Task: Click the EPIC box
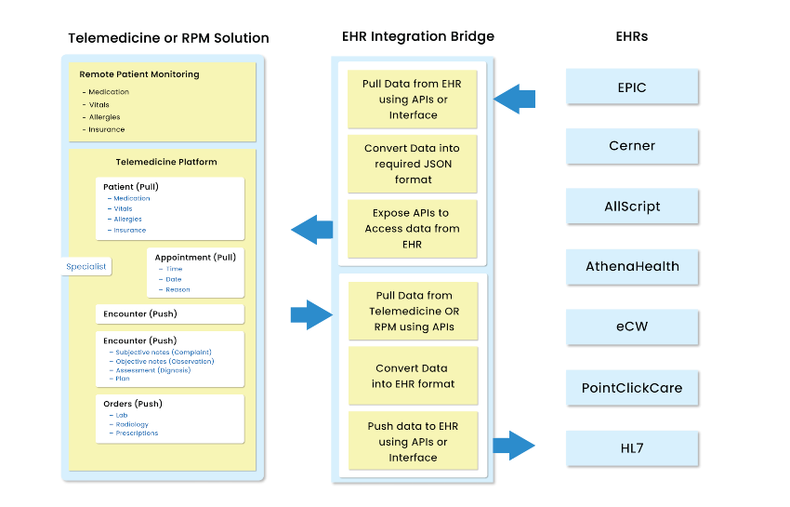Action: pos(633,87)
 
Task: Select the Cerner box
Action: pos(633,146)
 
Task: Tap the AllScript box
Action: pos(633,206)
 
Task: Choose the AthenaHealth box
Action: pos(633,266)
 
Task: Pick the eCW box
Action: pos(633,327)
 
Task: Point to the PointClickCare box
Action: pos(633,387)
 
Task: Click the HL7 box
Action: pos(633,448)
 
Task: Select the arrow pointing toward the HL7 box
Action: pos(514,446)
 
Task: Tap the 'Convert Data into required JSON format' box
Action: pos(412,163)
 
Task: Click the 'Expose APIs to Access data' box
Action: pos(412,229)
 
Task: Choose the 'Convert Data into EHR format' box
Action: pos(412,376)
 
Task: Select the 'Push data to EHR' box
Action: pos(412,442)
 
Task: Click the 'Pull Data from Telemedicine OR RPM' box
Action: pos(412,311)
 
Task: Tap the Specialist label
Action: pos(86,266)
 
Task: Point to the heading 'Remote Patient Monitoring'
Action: pos(139,74)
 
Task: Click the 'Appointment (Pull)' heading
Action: pos(195,257)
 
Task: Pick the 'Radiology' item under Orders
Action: pos(132,424)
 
